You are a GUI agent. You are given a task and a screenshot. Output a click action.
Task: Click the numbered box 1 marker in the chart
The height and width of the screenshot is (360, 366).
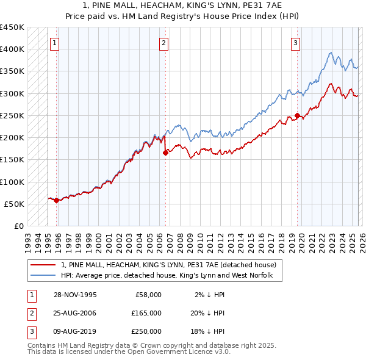(55, 43)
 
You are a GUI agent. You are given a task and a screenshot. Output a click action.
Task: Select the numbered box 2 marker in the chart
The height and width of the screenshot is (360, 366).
(164, 43)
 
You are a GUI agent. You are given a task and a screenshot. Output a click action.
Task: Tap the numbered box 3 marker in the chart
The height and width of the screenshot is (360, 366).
(295, 43)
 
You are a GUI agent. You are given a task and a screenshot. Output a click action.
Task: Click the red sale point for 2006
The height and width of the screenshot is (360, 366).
(165, 154)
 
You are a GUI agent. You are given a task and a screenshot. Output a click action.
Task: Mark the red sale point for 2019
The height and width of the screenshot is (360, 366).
(297, 115)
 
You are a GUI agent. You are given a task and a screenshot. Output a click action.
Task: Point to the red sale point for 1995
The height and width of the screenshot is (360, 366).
(57, 200)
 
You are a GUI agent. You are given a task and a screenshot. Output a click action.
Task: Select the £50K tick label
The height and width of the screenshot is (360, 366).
(15, 204)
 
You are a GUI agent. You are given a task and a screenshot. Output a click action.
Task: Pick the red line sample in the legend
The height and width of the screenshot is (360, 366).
(43, 265)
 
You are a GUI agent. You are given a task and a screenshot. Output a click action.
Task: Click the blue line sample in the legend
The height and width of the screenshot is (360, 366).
(43, 276)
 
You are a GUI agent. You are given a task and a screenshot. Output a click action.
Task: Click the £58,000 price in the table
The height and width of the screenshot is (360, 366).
(146, 295)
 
